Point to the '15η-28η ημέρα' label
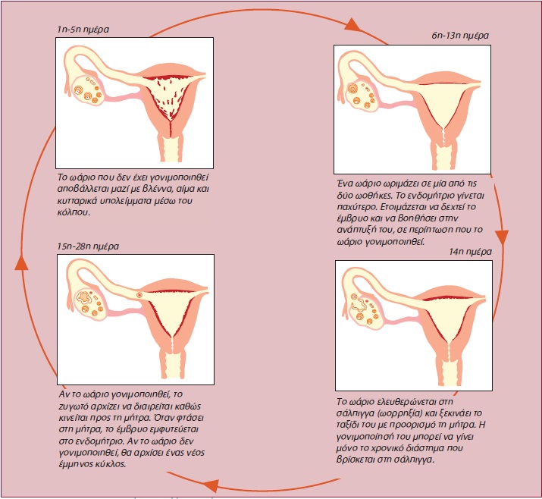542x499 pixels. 88,246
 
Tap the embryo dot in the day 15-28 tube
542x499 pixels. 139,294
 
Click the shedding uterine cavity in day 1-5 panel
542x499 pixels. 170,105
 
